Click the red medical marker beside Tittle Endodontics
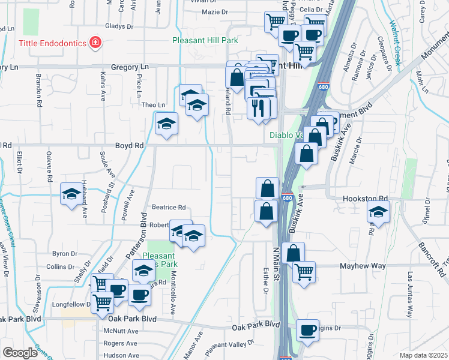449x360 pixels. [94, 43]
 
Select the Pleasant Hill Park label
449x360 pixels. [205, 41]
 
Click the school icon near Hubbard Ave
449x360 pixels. [71, 194]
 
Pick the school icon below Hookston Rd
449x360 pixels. [378, 212]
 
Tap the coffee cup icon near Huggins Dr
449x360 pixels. [308, 329]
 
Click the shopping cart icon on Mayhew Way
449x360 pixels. [304, 272]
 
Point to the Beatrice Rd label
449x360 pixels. [168, 208]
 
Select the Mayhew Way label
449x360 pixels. [340, 265]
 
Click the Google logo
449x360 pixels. [19, 353]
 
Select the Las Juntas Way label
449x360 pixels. [410, 294]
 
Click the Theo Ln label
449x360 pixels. [152, 105]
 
